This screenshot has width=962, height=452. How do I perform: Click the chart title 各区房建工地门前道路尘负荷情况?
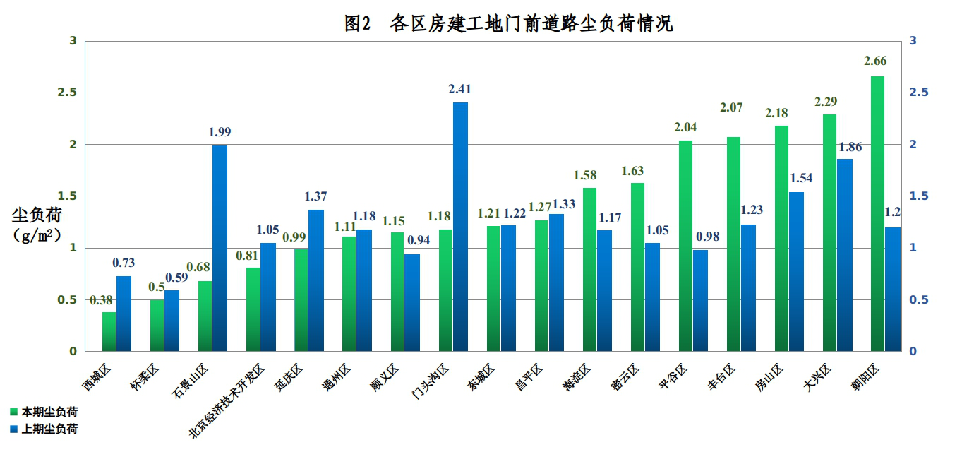[508, 24]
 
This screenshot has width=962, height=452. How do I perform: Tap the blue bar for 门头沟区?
[460, 227]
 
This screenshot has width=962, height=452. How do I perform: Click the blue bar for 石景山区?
[220, 248]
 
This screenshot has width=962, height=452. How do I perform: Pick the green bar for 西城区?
[109, 331]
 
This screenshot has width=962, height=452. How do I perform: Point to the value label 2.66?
[875, 61]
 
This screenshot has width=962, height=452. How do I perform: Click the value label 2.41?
[459, 89]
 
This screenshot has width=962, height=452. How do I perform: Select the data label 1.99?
[220, 132]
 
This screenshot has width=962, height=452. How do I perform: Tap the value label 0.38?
[102, 299]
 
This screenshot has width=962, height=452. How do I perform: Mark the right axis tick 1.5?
[918, 196]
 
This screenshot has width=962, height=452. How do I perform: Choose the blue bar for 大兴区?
[844, 255]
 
